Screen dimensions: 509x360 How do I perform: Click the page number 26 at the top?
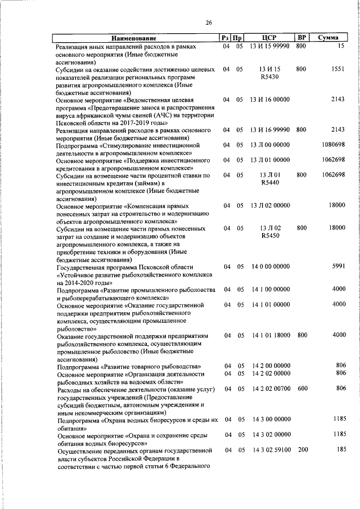click(209, 23)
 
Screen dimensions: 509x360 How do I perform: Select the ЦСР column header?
click(271, 38)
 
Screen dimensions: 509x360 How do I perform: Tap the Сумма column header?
click(328, 38)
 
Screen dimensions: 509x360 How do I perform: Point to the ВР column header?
click(301, 38)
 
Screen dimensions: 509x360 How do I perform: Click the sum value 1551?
click(337, 69)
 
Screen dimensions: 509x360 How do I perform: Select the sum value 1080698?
click(333, 145)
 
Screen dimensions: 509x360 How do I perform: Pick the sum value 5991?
click(337, 267)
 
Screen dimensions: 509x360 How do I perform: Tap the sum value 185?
click(339, 450)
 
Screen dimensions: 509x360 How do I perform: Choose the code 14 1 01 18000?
click(271, 335)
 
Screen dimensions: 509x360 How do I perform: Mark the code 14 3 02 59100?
click(271, 450)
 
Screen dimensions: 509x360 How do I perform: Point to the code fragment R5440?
click(271, 183)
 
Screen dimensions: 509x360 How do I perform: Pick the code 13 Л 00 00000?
click(271, 145)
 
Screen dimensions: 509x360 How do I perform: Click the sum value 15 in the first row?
click(341, 46)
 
